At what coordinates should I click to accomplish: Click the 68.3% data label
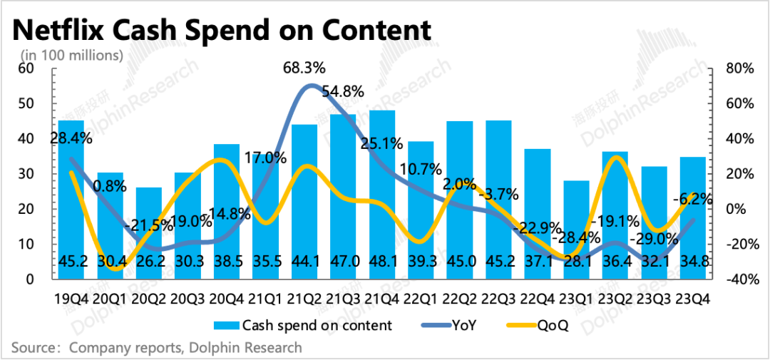[304, 68]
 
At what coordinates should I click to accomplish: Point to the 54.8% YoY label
[342, 92]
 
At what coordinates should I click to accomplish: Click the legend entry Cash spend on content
[307, 326]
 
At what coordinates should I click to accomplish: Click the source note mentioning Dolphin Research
[157, 348]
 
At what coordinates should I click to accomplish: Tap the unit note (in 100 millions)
[71, 55]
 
